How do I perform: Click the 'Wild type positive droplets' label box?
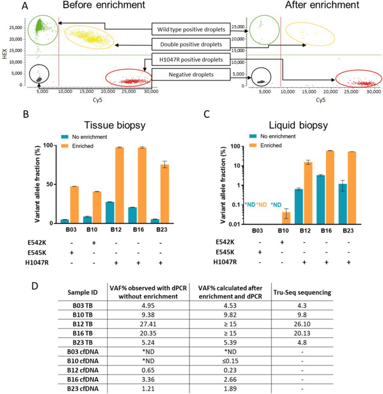[191, 28]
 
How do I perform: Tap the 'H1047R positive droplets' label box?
[191, 59]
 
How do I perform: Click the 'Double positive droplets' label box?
[191, 44]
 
